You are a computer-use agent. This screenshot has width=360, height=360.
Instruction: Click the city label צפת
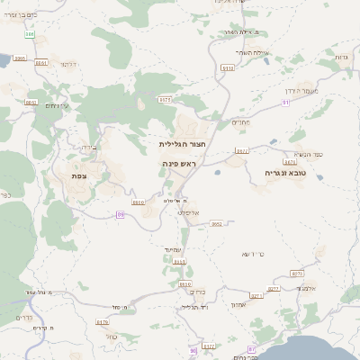coord(78,176)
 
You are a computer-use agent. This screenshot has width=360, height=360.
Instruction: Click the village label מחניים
coord(241,121)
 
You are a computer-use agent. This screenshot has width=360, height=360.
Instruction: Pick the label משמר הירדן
coord(324,90)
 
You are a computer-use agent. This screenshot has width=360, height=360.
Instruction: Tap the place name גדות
coord(340,58)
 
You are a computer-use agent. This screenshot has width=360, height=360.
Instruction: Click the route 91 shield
coord(285,103)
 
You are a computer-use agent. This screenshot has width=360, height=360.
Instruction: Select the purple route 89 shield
coord(121,214)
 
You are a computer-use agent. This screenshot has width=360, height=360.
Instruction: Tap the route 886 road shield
coord(30,34)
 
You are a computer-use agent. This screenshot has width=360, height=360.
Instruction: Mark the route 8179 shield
coord(102,322)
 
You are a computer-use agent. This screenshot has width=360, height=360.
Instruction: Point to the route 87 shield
coord(252,348)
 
